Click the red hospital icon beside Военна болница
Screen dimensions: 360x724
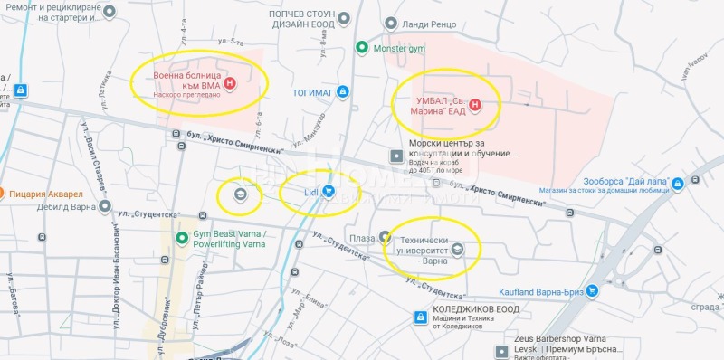point(230,82)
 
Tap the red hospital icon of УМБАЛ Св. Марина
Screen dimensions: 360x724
point(474,106)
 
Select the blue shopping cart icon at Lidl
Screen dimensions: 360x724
point(328,192)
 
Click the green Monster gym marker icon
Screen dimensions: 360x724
point(361,48)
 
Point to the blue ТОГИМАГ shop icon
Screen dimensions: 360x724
point(342,91)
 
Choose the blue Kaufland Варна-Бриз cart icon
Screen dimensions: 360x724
point(592,291)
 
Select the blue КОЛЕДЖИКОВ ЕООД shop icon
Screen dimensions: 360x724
point(420,317)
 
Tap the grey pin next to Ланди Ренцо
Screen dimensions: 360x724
point(390,23)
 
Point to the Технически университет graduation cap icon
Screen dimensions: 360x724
point(458,249)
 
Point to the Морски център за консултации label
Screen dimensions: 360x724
point(462,147)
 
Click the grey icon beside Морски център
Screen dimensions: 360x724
point(395,156)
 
